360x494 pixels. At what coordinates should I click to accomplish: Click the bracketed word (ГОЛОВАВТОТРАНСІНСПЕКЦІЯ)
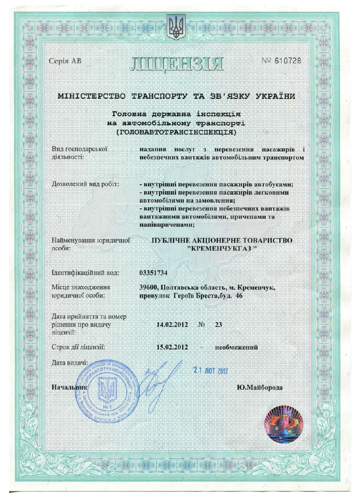click(177, 133)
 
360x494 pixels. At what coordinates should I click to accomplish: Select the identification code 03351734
click(154, 273)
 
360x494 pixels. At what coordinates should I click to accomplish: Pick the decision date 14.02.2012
click(172, 325)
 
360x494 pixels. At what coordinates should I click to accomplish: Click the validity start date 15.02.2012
click(172, 347)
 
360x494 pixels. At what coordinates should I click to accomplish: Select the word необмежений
click(236, 347)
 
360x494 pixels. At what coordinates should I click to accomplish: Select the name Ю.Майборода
click(259, 388)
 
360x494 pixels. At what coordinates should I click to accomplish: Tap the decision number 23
click(218, 325)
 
